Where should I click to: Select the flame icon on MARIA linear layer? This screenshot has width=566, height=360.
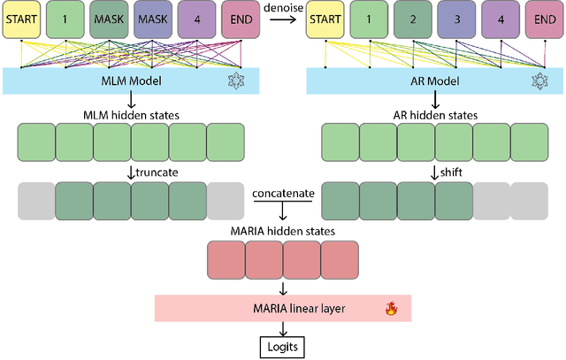tap(389, 310)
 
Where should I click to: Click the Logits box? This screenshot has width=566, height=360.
tap(283, 346)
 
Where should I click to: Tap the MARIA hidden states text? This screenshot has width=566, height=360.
tap(283, 232)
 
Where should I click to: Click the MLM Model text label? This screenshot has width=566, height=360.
tap(130, 81)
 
